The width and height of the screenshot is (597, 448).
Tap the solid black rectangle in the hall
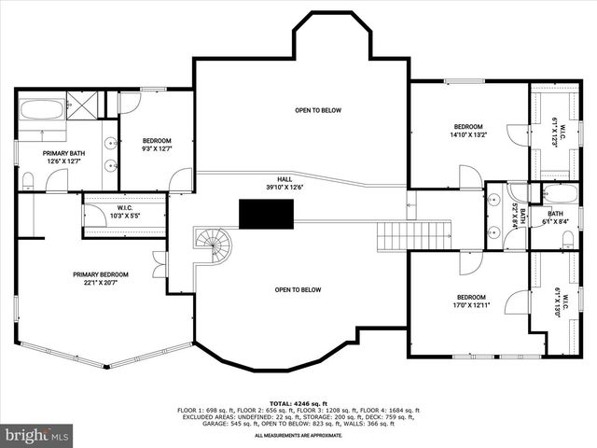(x=268, y=214)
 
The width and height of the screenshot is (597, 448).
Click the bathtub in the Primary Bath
(x=41, y=109)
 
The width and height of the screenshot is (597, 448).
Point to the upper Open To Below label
(x=318, y=110)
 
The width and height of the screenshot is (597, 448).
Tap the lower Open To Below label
(x=298, y=289)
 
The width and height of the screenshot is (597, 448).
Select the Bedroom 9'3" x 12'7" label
(x=156, y=145)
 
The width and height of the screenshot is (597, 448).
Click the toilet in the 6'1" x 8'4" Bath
(x=569, y=241)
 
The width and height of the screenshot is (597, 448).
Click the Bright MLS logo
(x=37, y=435)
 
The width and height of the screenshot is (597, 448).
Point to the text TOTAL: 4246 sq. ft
(x=298, y=402)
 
